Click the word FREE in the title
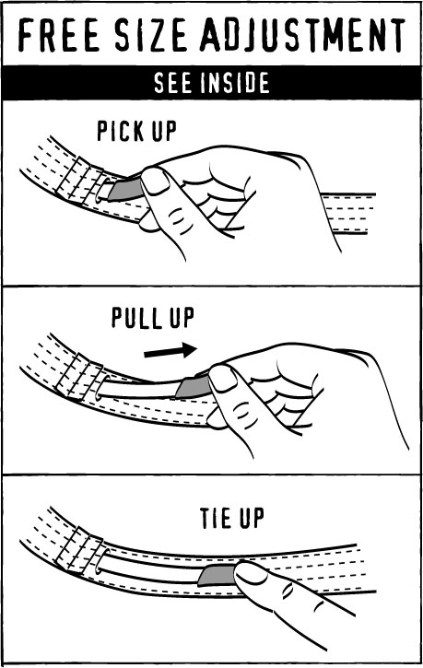(x=59, y=34)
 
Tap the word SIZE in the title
(x=151, y=34)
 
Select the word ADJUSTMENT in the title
(x=302, y=34)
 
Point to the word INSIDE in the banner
(x=235, y=83)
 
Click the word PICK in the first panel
(x=117, y=131)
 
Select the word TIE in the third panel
(x=215, y=518)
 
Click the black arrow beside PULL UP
(x=170, y=351)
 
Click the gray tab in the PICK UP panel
(x=125, y=190)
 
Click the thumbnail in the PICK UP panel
(x=155, y=181)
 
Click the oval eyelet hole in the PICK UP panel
(x=101, y=190)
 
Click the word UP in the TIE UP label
(x=252, y=518)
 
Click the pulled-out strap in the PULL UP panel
(x=141, y=389)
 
